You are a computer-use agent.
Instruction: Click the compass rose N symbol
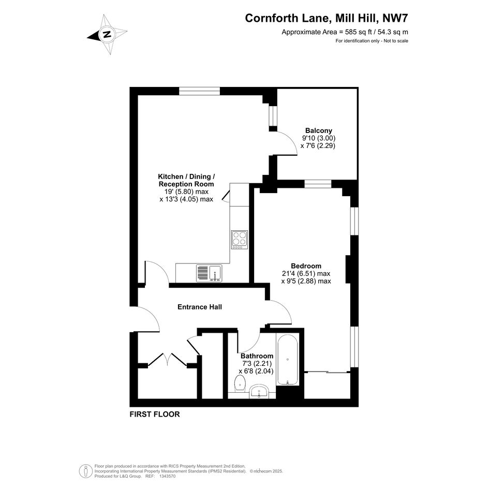click(x=107, y=34)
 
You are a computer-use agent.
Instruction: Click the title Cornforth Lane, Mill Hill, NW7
click(x=326, y=18)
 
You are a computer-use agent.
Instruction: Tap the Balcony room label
click(x=318, y=130)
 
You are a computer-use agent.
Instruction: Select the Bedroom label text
click(x=306, y=265)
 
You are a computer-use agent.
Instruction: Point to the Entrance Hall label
click(x=200, y=307)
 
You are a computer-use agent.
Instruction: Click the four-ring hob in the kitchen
click(x=240, y=240)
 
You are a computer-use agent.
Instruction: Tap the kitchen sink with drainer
click(x=209, y=273)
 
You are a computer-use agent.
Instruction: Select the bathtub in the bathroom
click(x=287, y=360)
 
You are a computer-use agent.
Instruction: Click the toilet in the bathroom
click(x=240, y=383)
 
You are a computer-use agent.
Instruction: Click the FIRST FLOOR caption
click(x=155, y=414)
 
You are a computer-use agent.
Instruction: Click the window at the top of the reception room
click(x=200, y=91)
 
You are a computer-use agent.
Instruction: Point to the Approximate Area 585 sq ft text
click(x=345, y=32)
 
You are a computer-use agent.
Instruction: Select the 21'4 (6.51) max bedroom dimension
click(x=306, y=274)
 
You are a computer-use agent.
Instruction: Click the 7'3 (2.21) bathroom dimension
click(x=257, y=363)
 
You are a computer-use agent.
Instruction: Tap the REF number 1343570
click(x=168, y=476)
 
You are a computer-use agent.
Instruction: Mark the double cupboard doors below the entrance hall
click(x=168, y=359)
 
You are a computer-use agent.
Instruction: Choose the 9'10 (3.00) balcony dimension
click(x=318, y=138)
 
